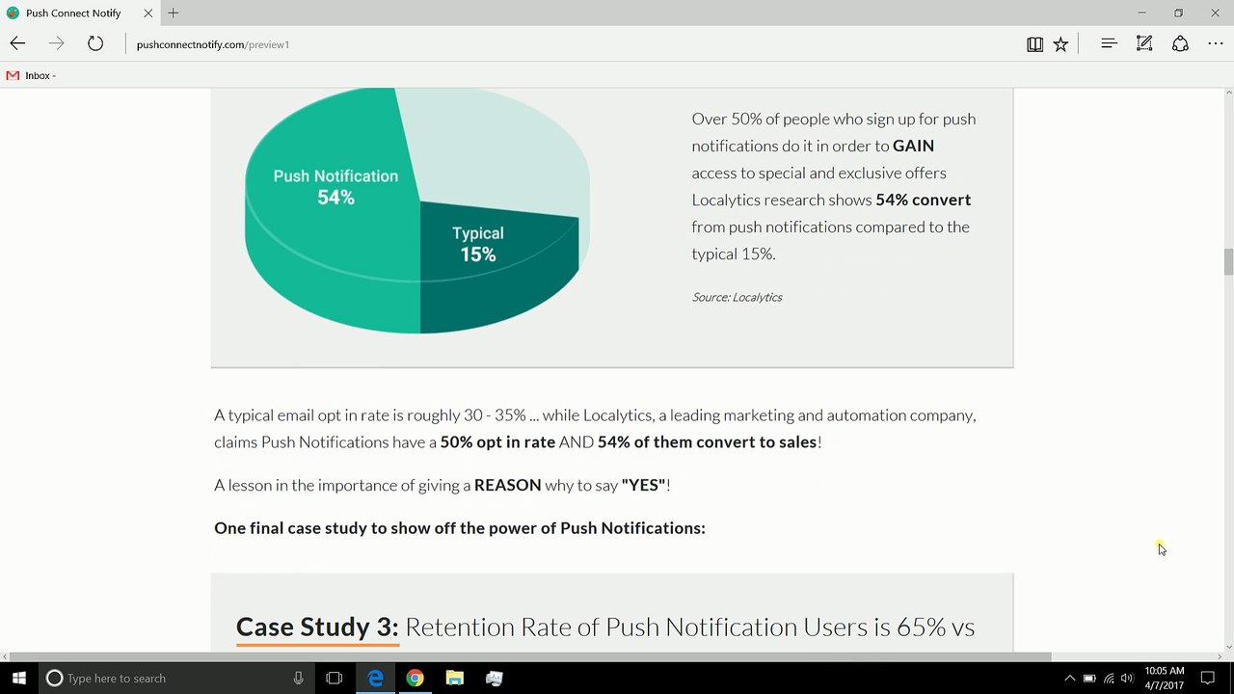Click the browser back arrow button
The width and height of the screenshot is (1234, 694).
tap(17, 43)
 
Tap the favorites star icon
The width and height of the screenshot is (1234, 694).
tap(1060, 44)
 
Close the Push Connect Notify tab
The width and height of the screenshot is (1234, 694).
tap(148, 13)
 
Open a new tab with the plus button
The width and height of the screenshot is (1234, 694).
tap(173, 13)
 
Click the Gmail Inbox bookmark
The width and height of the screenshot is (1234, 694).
tap(31, 75)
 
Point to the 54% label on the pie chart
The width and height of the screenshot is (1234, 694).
tap(336, 198)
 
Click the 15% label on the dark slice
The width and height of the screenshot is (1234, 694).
tap(478, 254)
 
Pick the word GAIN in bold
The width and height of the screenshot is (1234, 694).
tap(913, 146)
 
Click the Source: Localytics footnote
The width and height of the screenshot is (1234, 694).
tap(738, 298)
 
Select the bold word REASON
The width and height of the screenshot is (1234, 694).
tap(507, 485)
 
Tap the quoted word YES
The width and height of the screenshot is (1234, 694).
tap(643, 485)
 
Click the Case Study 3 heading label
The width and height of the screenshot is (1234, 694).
tap(317, 627)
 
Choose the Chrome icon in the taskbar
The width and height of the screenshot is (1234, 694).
tap(415, 678)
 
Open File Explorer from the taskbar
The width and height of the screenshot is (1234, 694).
tap(454, 678)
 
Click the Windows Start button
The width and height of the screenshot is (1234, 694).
tap(19, 678)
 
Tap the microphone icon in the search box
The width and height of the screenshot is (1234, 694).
tap(298, 678)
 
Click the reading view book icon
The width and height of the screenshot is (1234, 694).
tap(1034, 44)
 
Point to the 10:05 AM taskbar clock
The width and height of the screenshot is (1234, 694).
tap(1164, 671)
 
